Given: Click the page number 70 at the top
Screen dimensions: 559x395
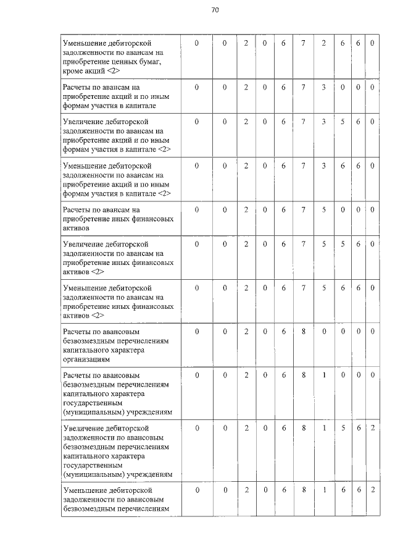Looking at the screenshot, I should (x=215, y=10).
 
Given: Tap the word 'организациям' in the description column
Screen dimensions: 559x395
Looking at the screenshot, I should (x=86, y=359).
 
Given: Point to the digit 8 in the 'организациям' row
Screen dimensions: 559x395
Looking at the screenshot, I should (x=304, y=332).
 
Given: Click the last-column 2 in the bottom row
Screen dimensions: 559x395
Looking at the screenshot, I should (x=373, y=490).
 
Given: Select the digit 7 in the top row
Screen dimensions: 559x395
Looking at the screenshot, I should (x=304, y=43).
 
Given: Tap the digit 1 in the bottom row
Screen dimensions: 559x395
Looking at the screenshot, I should (x=324, y=490).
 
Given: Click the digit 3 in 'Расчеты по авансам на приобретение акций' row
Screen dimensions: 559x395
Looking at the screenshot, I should (x=323, y=87).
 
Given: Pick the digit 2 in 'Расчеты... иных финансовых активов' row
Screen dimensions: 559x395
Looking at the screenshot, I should (x=246, y=209).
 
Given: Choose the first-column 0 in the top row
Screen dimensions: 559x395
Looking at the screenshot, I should (x=197, y=43).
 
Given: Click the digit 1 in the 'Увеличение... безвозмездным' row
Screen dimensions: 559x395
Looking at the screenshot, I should (x=324, y=427).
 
